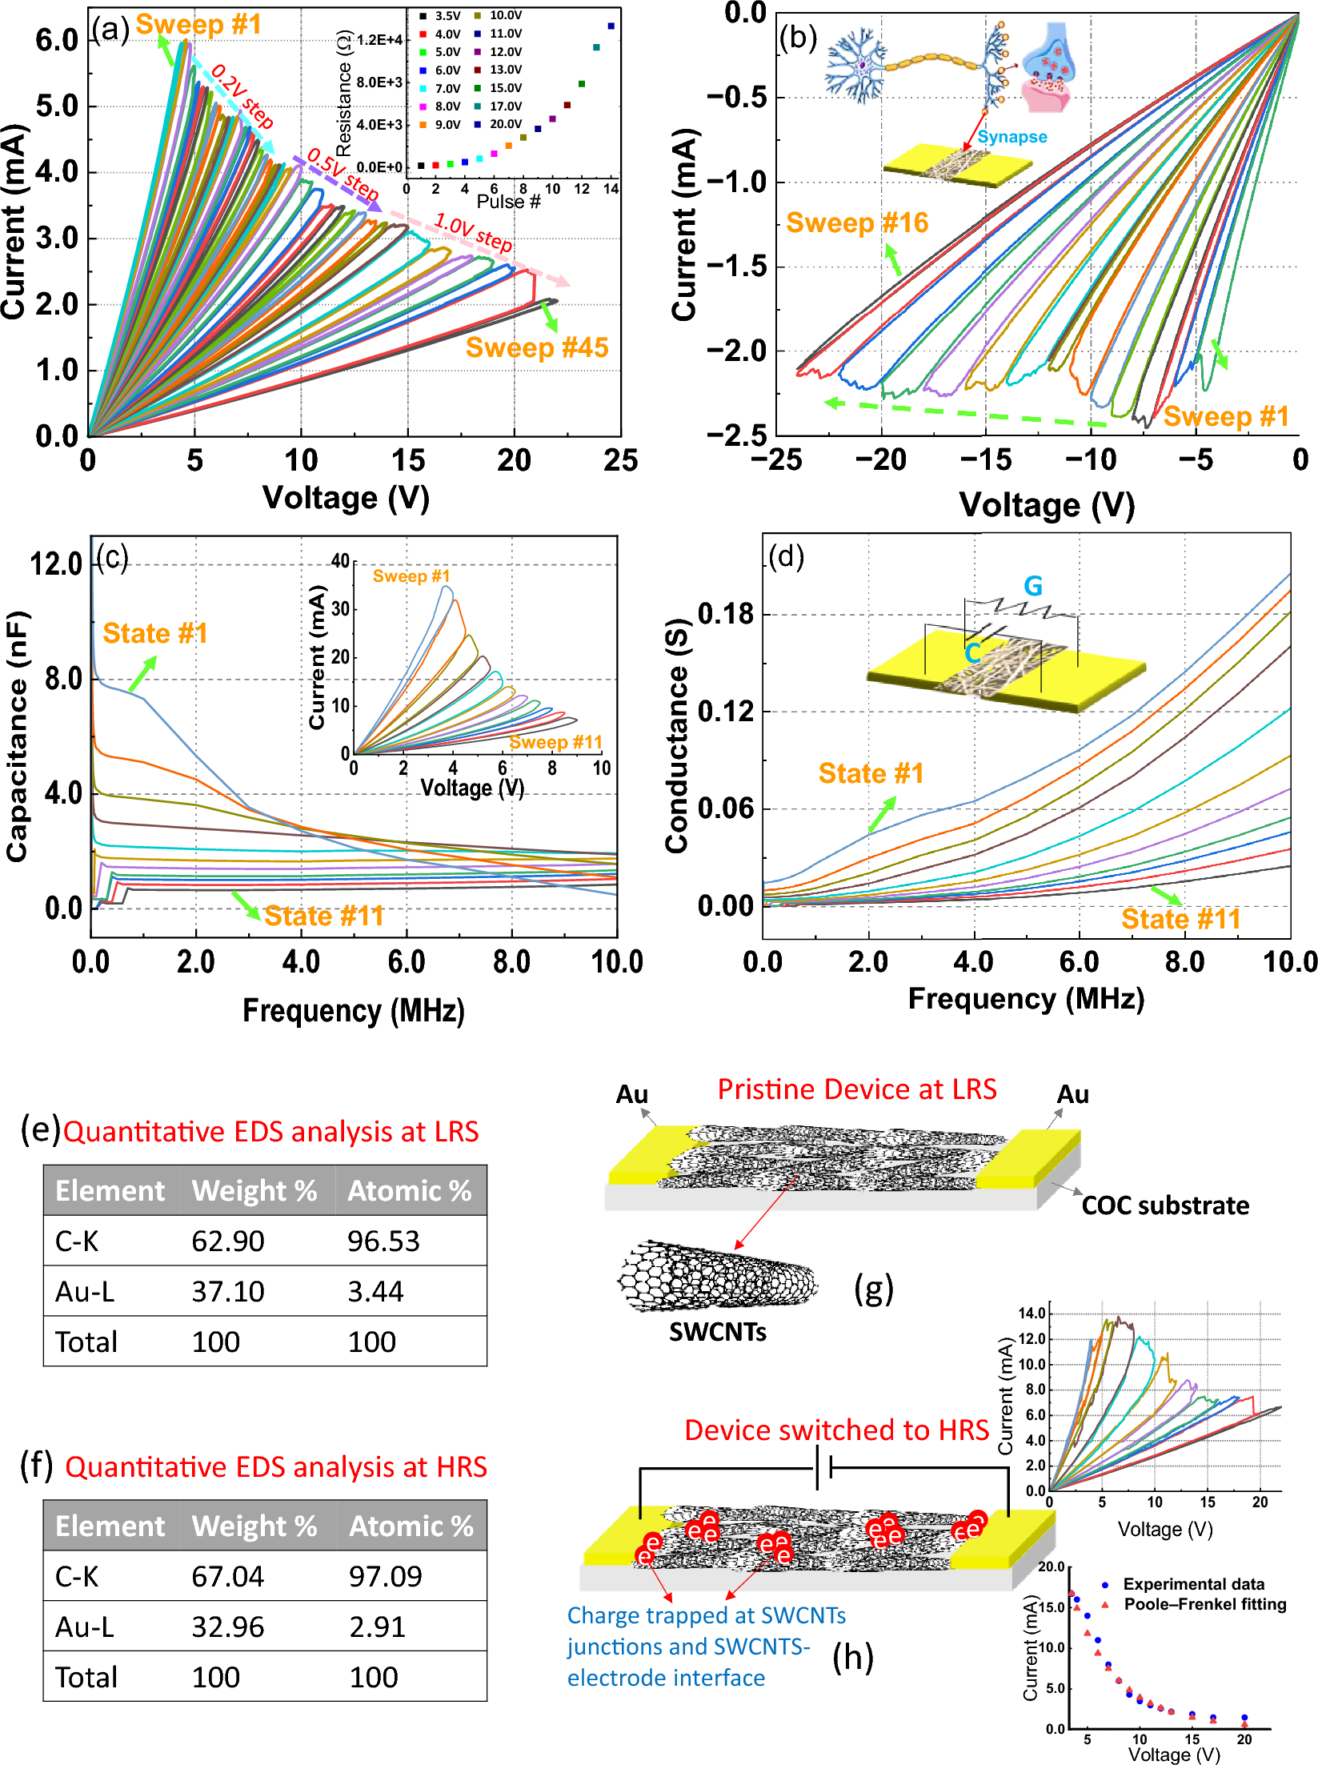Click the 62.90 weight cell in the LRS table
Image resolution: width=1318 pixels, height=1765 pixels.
[x=227, y=1241]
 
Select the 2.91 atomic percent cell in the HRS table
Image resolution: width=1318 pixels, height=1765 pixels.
[x=377, y=1626]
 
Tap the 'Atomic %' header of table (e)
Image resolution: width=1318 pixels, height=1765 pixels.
[x=409, y=1190]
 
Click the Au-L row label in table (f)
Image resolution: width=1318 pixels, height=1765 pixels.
[x=84, y=1626]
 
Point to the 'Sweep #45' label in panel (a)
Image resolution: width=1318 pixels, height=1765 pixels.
[x=536, y=347]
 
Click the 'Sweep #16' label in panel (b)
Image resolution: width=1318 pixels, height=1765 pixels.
[x=856, y=223]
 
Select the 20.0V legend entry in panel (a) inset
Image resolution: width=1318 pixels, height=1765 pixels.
[x=505, y=124]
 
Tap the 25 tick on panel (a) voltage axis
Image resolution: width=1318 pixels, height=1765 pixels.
[x=620, y=460]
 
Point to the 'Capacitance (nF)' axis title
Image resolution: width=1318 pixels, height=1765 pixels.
[x=18, y=736]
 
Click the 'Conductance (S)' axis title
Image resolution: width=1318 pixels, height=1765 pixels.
[x=677, y=735]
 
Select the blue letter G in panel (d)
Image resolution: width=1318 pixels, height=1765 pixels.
[x=1032, y=586]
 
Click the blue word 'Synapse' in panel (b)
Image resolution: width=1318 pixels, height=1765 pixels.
[x=1012, y=136]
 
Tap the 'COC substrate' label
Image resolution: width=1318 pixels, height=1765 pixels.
[x=1164, y=1205]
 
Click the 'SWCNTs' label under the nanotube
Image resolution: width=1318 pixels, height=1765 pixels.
[x=717, y=1331]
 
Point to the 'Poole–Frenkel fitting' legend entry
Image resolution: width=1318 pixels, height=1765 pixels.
[x=1204, y=1604]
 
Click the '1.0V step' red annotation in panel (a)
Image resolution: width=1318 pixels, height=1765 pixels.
[x=472, y=232]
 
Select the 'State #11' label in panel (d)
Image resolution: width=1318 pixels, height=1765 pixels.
[x=1180, y=918]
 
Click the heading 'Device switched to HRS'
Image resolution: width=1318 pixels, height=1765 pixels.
[x=836, y=1430]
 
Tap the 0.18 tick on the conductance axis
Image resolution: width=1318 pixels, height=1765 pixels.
[x=725, y=614]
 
